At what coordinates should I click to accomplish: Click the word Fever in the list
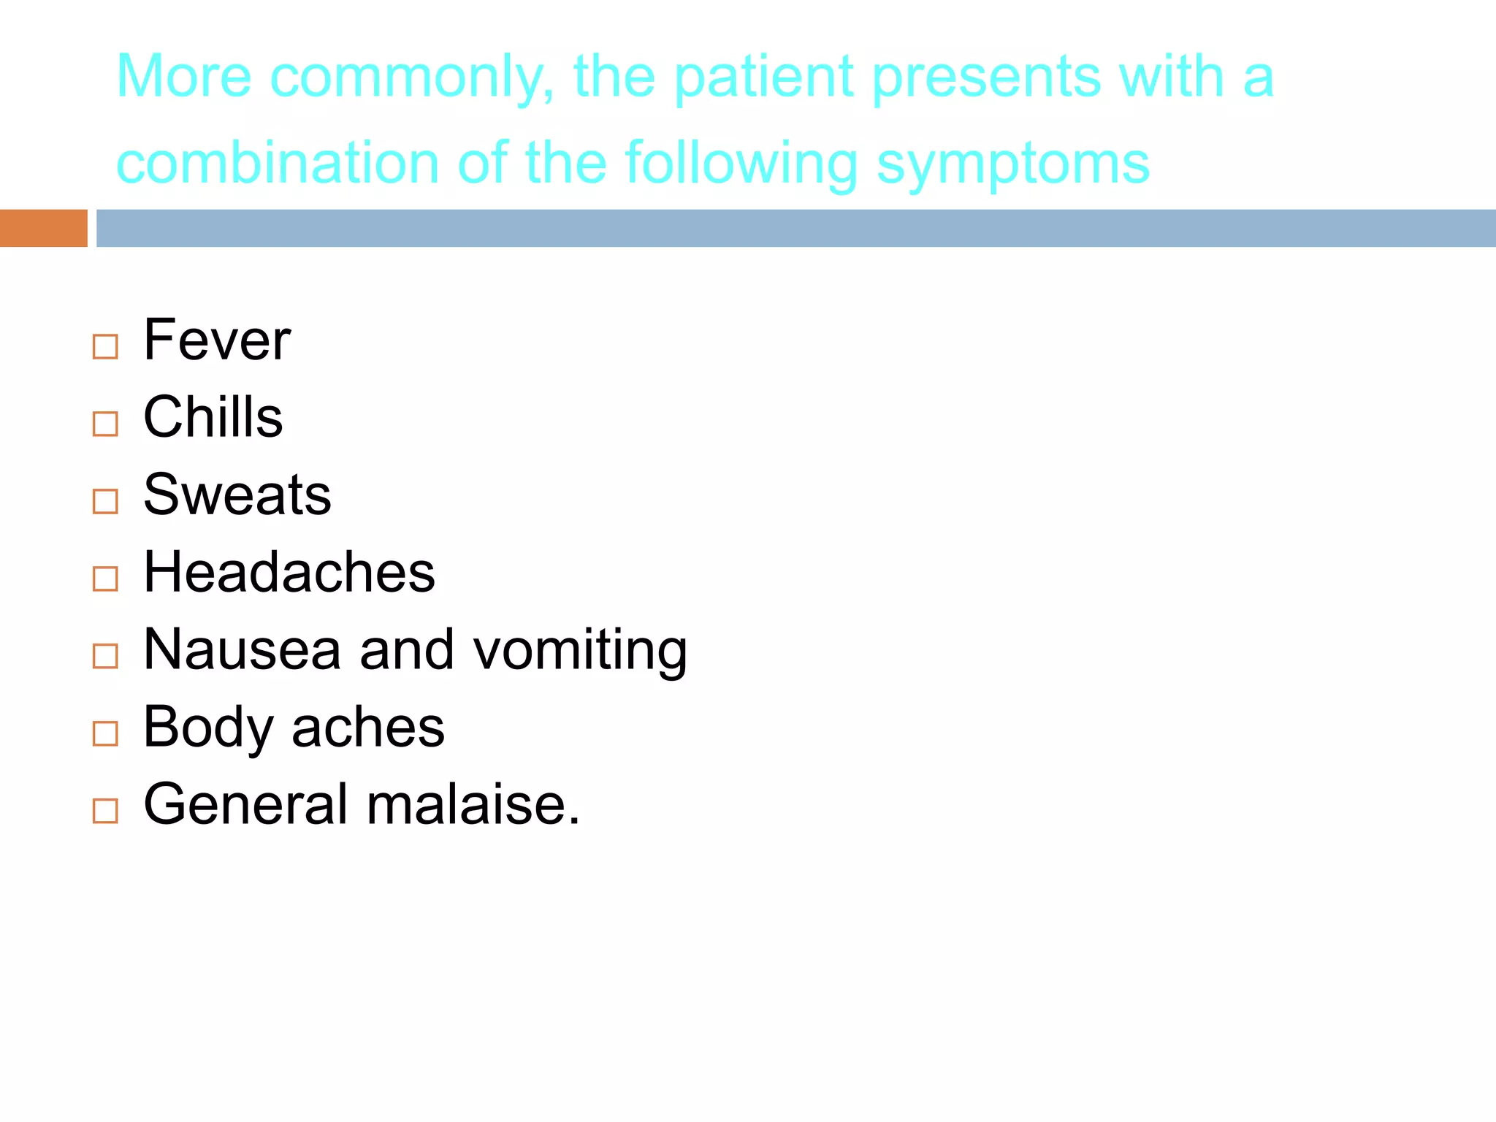[217, 340]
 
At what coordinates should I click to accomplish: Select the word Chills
[213, 417]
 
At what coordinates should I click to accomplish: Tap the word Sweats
[237, 495]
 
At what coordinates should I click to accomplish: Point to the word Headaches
[289, 572]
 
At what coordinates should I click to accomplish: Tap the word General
[245, 805]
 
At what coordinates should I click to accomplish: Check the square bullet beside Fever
[105, 347]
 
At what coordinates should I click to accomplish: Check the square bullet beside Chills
[105, 424]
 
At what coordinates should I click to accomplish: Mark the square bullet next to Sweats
[105, 501]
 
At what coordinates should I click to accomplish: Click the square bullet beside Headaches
[105, 579]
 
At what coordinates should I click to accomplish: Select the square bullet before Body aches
[105, 733]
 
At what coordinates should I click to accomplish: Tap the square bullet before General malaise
[105, 811]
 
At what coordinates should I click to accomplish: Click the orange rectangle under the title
[43, 228]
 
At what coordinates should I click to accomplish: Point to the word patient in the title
[763, 77]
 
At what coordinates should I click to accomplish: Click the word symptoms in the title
[1012, 164]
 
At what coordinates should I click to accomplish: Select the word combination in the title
[278, 163]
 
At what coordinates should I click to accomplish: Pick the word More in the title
[184, 77]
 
